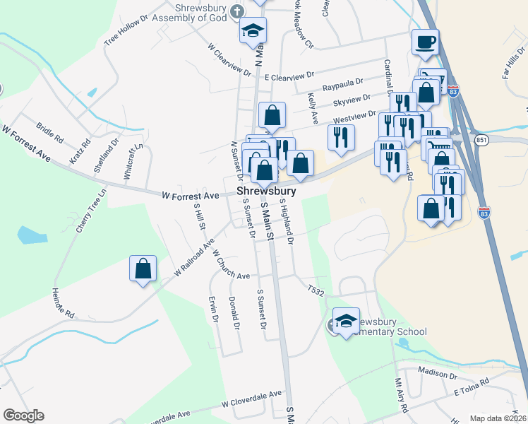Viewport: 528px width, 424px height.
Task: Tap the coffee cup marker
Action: coord(425,42)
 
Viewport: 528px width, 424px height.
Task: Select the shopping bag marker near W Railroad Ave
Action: coord(143,269)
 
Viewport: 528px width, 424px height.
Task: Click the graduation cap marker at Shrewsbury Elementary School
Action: coord(346,321)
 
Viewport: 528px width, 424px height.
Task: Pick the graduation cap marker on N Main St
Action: coord(253,31)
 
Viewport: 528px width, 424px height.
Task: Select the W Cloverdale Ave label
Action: coord(251,400)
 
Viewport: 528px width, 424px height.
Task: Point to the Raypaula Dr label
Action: coord(342,87)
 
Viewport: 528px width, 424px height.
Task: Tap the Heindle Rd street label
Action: coord(63,301)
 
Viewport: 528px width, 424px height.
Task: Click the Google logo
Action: coord(23,416)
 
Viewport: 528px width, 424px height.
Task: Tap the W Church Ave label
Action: coord(231,264)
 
